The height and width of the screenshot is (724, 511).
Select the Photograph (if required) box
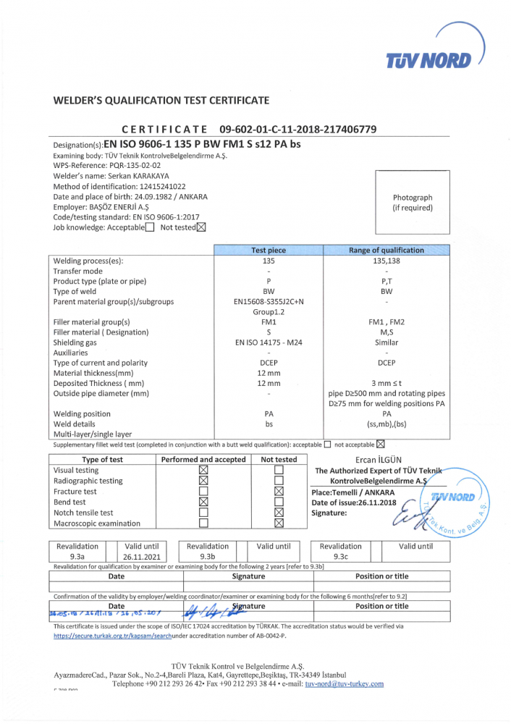click(x=413, y=203)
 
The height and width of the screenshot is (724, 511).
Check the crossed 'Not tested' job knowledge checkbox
click(x=201, y=227)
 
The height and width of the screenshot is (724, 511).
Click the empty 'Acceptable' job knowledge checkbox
click(x=150, y=227)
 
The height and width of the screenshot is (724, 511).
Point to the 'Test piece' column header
click(x=269, y=251)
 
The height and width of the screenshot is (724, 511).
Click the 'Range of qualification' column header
click(x=387, y=251)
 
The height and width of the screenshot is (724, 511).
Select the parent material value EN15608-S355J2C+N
click(x=269, y=302)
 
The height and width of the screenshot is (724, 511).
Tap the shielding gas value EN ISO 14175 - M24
click(x=269, y=342)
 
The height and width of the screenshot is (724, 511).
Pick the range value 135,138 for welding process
click(x=387, y=261)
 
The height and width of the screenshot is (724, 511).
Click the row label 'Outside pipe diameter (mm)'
click(x=101, y=394)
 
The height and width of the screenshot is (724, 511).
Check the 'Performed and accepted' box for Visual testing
click(x=203, y=470)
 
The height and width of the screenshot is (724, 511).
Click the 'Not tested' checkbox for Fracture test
click(x=279, y=492)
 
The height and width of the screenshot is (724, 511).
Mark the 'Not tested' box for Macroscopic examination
click(x=279, y=523)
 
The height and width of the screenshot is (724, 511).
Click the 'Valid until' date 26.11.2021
click(x=145, y=557)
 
